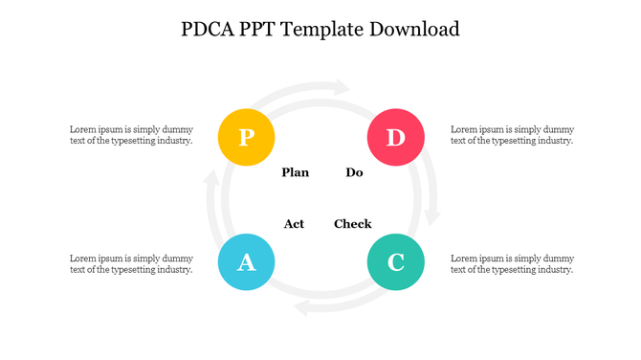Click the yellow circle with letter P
(x=246, y=138)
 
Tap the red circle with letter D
(x=395, y=138)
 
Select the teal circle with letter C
(x=395, y=261)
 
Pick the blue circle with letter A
(x=246, y=261)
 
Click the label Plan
(x=296, y=173)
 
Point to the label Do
(x=354, y=173)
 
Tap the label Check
(x=352, y=224)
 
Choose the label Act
(x=294, y=224)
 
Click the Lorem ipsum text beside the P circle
(x=131, y=135)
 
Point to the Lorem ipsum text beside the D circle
(x=512, y=135)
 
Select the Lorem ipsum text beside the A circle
(x=131, y=264)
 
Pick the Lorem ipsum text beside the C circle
(x=512, y=264)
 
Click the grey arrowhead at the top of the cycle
(x=342, y=87)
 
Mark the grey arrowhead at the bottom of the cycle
(x=302, y=307)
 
